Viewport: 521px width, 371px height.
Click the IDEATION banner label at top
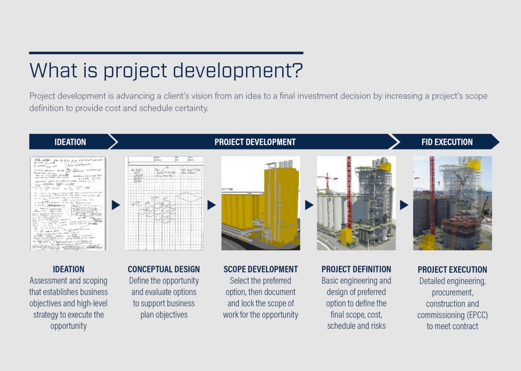70,142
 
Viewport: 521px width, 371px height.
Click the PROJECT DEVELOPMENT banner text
255,142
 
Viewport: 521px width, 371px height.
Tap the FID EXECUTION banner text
447,142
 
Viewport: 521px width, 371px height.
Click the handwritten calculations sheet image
68,203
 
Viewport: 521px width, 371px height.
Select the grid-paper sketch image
164,203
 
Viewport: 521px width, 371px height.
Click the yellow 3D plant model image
260,203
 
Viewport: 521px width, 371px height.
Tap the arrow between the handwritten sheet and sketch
116,205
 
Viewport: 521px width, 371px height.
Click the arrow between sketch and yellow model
211,205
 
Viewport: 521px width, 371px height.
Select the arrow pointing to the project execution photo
404,205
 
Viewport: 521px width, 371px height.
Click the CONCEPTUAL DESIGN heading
164,269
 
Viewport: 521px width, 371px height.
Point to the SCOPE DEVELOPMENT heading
260,269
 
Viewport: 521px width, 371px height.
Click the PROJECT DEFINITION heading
356,269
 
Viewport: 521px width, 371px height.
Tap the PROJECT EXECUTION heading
452,270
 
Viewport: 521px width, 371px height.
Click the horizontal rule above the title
166,53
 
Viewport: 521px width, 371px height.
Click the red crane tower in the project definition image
349,193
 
